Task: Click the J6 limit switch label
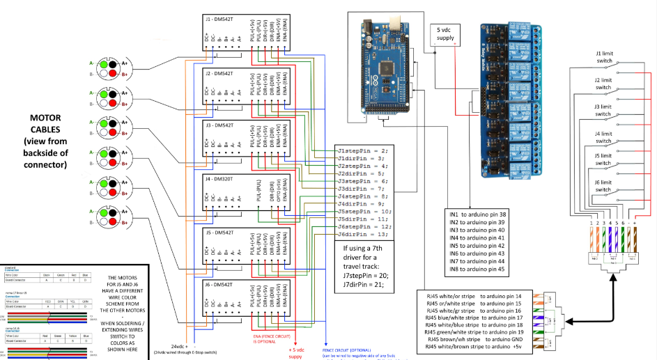603,186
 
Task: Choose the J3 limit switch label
603,110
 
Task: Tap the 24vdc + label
180,346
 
